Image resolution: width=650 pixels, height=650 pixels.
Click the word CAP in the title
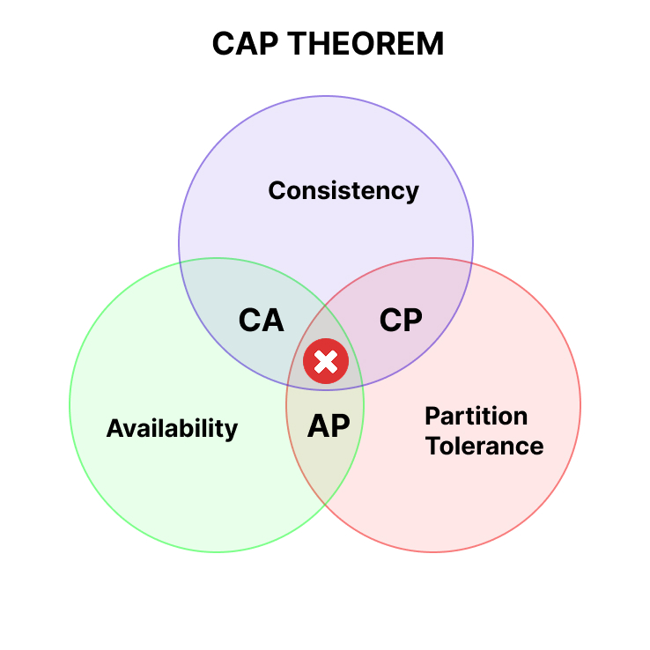pyautogui.click(x=245, y=43)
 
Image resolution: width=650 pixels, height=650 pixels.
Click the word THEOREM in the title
pyautogui.click(x=366, y=43)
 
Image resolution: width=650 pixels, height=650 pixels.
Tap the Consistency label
pyautogui.click(x=343, y=191)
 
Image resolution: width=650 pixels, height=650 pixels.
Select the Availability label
pyautogui.click(x=172, y=429)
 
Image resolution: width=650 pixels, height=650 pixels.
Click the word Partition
pyautogui.click(x=476, y=417)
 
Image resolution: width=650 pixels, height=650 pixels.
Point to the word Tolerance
pyautogui.click(x=484, y=446)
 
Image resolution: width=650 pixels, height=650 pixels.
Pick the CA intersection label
pyautogui.click(x=262, y=320)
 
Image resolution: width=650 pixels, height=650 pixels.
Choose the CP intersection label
pyautogui.click(x=401, y=320)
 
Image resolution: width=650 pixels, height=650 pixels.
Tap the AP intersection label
pyautogui.click(x=329, y=425)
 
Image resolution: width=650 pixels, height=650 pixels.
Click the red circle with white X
pyautogui.click(x=326, y=361)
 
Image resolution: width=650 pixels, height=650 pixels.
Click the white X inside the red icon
pyautogui.click(x=326, y=361)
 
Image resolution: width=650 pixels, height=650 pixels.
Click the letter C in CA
pyautogui.click(x=249, y=320)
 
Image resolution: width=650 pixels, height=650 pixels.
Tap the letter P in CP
pyautogui.click(x=413, y=320)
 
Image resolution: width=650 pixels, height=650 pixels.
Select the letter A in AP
pyautogui.click(x=318, y=425)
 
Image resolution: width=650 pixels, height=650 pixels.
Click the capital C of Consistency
pyautogui.click(x=277, y=191)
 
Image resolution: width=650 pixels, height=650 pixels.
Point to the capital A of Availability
pyautogui.click(x=115, y=428)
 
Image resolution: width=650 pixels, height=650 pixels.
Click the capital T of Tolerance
pyautogui.click(x=433, y=446)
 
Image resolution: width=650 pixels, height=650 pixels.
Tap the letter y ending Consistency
pyautogui.click(x=411, y=194)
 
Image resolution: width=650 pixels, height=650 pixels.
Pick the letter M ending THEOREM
pyautogui.click(x=431, y=43)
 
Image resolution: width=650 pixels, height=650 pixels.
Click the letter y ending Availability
pyautogui.click(x=231, y=432)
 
